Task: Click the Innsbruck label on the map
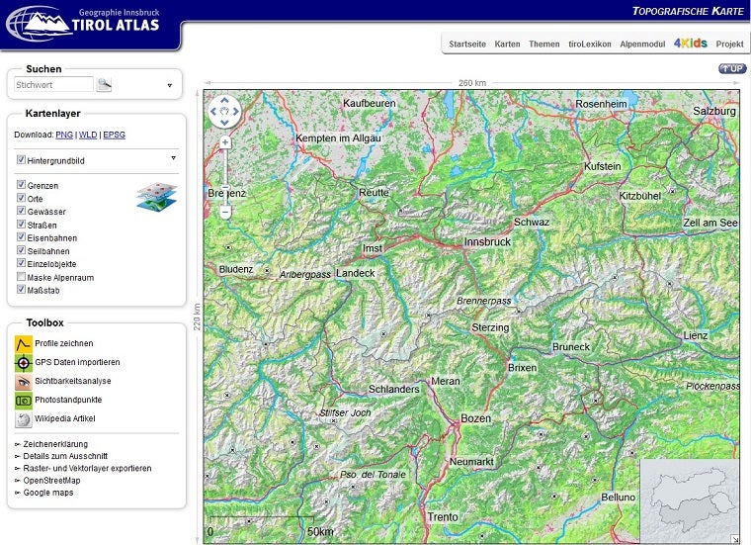[487, 241]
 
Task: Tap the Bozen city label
[475, 418]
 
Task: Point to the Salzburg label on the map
[713, 112]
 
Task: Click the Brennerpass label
[483, 301]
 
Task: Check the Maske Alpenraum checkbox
[21, 277]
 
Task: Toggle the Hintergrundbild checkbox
[21, 159]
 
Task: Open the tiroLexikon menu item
[590, 45]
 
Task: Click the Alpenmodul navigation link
[641, 45]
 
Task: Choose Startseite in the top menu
[467, 45]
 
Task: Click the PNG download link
[63, 135]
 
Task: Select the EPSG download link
[115, 135]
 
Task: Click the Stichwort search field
[53, 85]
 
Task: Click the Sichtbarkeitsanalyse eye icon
[23, 381]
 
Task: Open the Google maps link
[48, 493]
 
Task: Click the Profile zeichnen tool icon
[23, 343]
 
